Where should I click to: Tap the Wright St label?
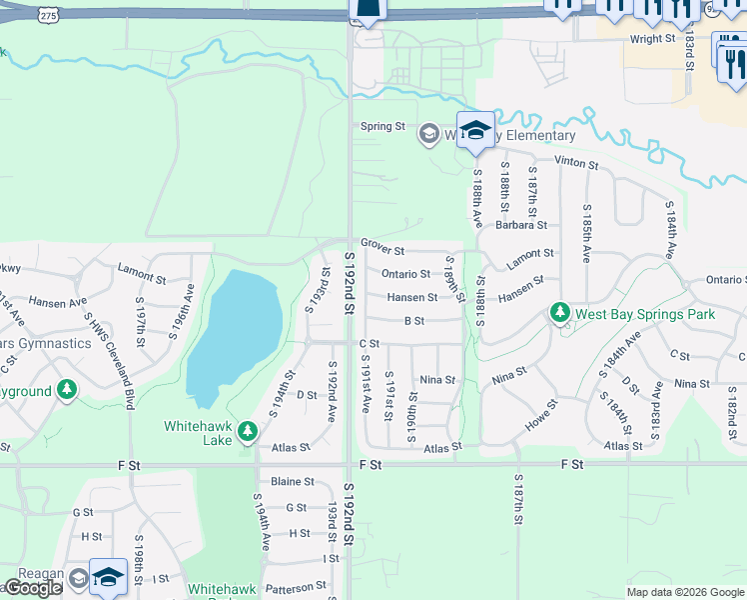(x=652, y=39)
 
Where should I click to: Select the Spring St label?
(x=382, y=127)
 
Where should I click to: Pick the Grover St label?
(x=382, y=250)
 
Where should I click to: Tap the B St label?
(x=414, y=321)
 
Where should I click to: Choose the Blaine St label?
(x=293, y=481)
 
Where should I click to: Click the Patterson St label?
(x=297, y=585)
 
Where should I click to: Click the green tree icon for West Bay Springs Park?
(x=559, y=314)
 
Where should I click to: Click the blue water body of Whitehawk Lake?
(x=232, y=330)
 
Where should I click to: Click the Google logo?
(x=33, y=588)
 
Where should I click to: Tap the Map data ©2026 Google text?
(x=685, y=592)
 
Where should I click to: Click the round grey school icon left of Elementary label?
(x=428, y=135)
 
